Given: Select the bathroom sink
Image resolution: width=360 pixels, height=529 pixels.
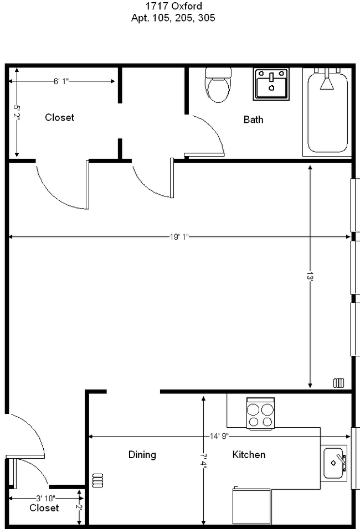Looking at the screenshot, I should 271,84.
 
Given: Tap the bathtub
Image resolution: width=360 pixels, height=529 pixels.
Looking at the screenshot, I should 327,112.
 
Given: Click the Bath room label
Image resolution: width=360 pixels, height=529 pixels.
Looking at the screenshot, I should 253,120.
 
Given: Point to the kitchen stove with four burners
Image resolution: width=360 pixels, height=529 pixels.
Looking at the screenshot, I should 261,414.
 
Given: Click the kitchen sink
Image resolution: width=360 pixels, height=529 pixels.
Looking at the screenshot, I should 335,463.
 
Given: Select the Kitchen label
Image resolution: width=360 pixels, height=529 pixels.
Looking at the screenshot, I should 248,455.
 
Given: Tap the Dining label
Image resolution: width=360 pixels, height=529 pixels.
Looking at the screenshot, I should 142,455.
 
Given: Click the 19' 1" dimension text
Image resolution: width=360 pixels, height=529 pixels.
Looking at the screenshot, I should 179,237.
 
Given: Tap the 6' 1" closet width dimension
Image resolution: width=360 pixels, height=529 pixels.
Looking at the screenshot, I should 61,81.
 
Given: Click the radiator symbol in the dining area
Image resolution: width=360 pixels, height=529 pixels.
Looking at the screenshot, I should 98,480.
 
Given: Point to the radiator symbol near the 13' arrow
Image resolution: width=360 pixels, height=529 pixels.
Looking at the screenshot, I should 339,383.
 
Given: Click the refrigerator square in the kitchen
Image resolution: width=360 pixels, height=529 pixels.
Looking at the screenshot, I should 252,506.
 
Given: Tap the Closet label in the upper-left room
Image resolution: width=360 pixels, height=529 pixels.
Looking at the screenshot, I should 59,117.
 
